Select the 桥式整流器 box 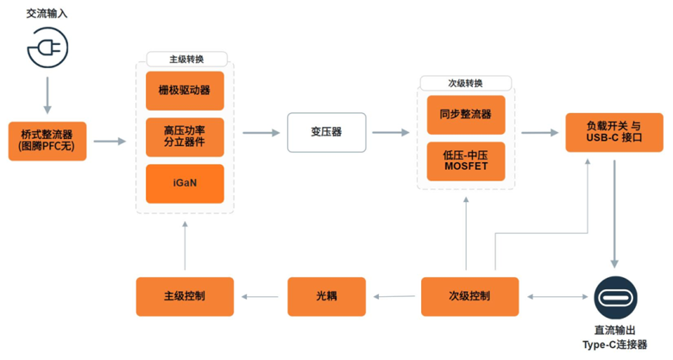[47, 141]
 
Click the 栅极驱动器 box [185, 90]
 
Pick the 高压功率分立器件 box [185, 136]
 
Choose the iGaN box [185, 183]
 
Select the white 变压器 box [326, 132]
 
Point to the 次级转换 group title [465, 84]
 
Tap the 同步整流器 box [466, 114]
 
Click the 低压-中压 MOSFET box [466, 161]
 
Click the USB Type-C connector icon [614, 297]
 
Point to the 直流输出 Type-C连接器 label [615, 338]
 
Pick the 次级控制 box [469, 296]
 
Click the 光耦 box [326, 296]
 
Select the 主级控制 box [185, 296]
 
